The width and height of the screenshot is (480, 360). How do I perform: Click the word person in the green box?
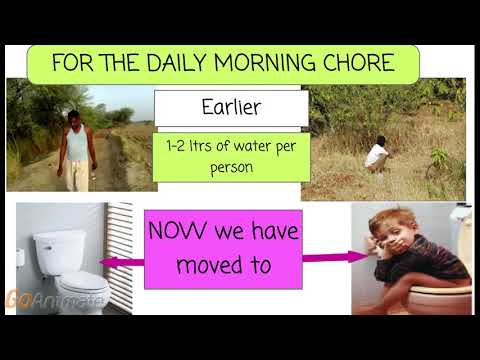coord(231,168)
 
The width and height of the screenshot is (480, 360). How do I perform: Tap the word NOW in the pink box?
coord(177,232)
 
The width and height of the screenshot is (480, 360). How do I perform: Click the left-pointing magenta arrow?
coord(121,262)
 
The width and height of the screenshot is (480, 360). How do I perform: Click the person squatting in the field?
coord(377,155)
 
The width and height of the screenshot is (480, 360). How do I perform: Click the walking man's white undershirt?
coord(76,143)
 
